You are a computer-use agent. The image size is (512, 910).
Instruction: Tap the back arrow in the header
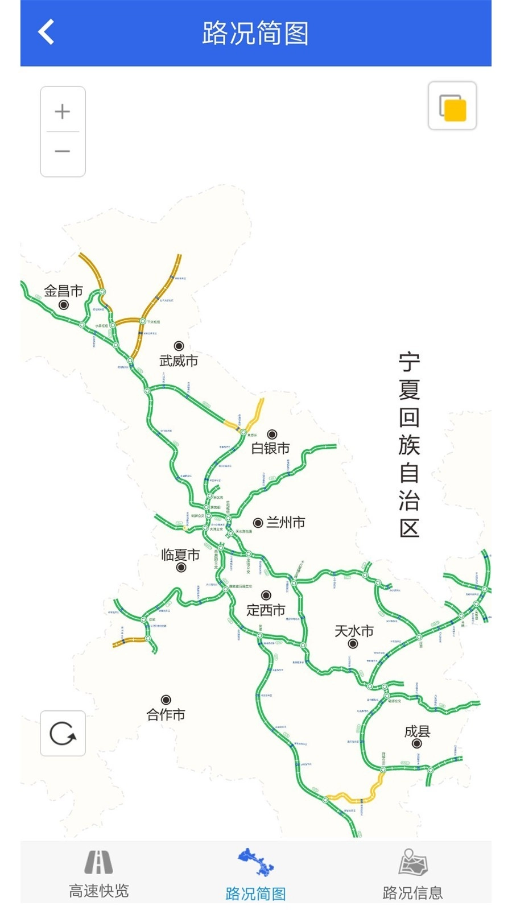tap(46, 32)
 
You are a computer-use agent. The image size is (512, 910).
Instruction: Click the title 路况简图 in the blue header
tap(255, 33)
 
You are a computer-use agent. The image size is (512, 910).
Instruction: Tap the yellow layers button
tap(452, 106)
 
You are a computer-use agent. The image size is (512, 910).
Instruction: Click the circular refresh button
tap(63, 733)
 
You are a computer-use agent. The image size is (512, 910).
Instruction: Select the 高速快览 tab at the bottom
tap(99, 875)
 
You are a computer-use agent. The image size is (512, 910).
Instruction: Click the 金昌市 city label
tap(63, 291)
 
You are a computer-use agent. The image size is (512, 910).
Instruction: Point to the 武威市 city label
tap(179, 361)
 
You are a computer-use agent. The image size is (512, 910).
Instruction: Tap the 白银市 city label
tap(270, 448)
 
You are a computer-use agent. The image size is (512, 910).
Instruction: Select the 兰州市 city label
tap(286, 522)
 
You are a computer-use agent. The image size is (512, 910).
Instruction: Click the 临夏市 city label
tap(180, 555)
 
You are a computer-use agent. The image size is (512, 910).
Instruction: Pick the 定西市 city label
tap(266, 610)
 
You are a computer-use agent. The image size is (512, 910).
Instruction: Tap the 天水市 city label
tap(354, 631)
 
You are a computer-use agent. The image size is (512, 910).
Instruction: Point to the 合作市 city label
tap(166, 714)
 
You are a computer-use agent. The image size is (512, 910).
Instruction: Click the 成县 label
tap(417, 731)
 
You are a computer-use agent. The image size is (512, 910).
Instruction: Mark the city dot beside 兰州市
tap(258, 523)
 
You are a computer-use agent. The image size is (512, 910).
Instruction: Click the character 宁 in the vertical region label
tap(409, 362)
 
